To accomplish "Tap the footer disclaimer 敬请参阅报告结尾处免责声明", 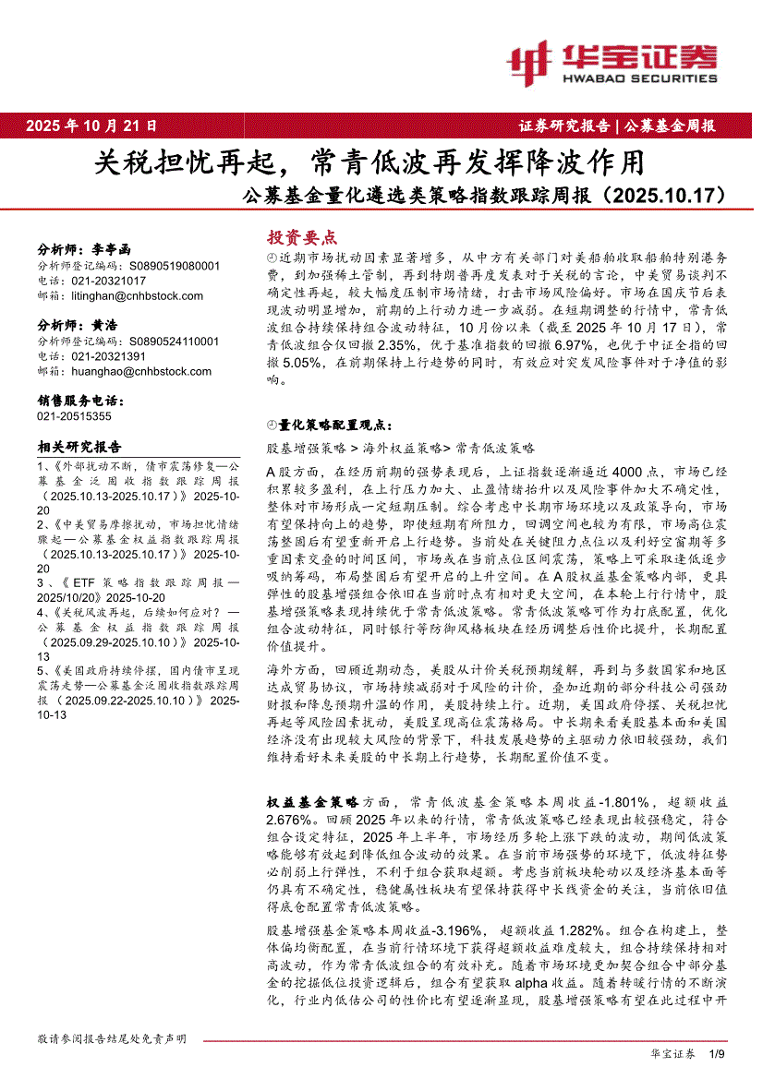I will (112, 1038).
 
